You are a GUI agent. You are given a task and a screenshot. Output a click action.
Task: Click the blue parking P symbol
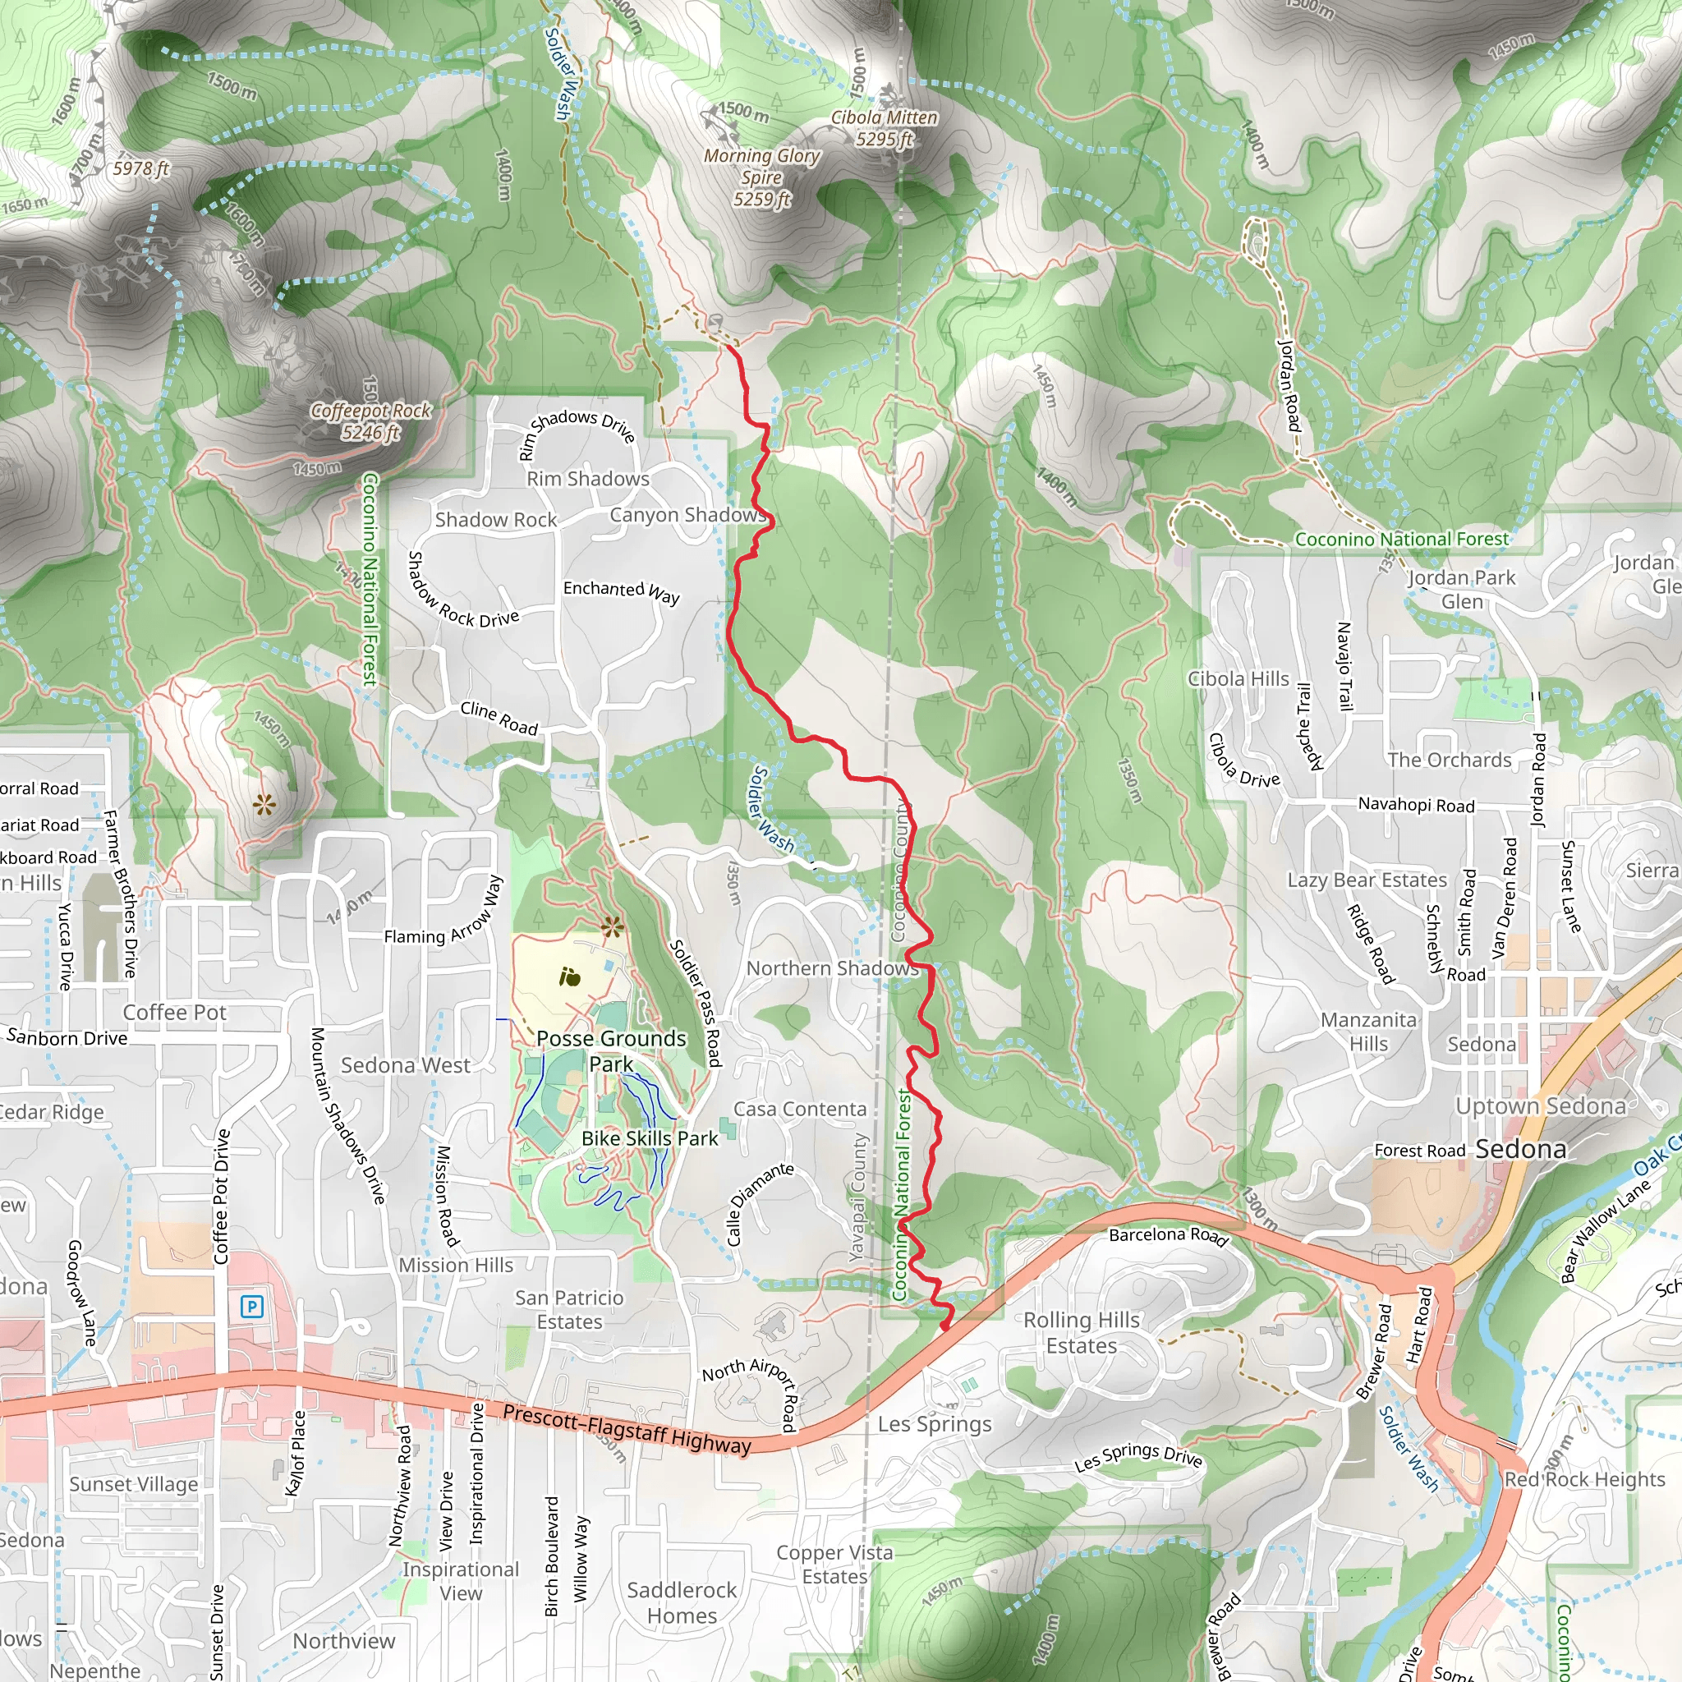pyautogui.click(x=251, y=1306)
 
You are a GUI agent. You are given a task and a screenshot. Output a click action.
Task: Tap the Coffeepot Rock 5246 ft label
pyautogui.click(x=371, y=421)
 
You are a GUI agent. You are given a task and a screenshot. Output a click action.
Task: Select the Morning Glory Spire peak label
pyautogui.click(x=762, y=177)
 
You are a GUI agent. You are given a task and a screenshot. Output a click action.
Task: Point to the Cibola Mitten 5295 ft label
pyautogui.click(x=885, y=128)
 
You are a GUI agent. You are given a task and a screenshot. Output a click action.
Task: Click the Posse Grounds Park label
pyautogui.click(x=611, y=1050)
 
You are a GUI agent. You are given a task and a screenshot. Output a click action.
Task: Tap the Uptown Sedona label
pyautogui.click(x=1541, y=1106)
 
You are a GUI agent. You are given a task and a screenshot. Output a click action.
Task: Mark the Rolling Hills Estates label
pyautogui.click(x=1082, y=1333)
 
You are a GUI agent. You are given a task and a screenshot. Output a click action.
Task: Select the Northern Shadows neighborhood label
pyautogui.click(x=832, y=968)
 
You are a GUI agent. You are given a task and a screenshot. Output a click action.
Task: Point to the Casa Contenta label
pyautogui.click(x=800, y=1109)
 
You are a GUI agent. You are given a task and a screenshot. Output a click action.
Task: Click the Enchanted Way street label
pyautogui.click(x=621, y=591)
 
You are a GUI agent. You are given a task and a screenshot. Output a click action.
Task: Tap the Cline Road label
pyautogui.click(x=499, y=717)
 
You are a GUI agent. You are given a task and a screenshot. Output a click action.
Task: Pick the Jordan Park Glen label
pyautogui.click(x=1462, y=590)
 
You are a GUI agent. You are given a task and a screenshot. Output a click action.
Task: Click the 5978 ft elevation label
pyautogui.click(x=141, y=168)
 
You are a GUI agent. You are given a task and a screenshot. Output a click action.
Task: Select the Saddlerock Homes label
pyautogui.click(x=682, y=1603)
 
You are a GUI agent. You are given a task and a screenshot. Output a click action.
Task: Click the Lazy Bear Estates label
pyautogui.click(x=1367, y=880)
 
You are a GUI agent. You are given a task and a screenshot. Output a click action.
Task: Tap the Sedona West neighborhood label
pyautogui.click(x=405, y=1065)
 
